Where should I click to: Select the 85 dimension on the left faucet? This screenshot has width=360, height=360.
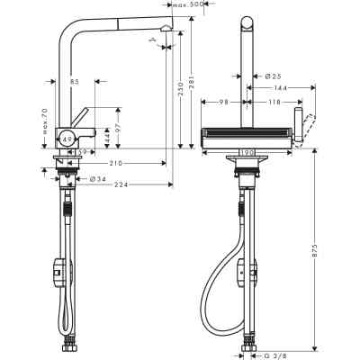tap(74, 82)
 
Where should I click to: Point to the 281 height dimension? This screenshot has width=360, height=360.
tap(194, 86)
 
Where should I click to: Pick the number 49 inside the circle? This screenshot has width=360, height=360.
tap(67, 139)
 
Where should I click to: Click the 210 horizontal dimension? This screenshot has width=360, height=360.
tap(118, 163)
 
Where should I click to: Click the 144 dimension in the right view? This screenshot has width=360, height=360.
tap(280, 88)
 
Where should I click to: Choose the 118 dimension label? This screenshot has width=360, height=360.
tap(274, 102)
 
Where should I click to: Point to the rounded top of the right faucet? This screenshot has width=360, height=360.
tap(247, 19)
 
